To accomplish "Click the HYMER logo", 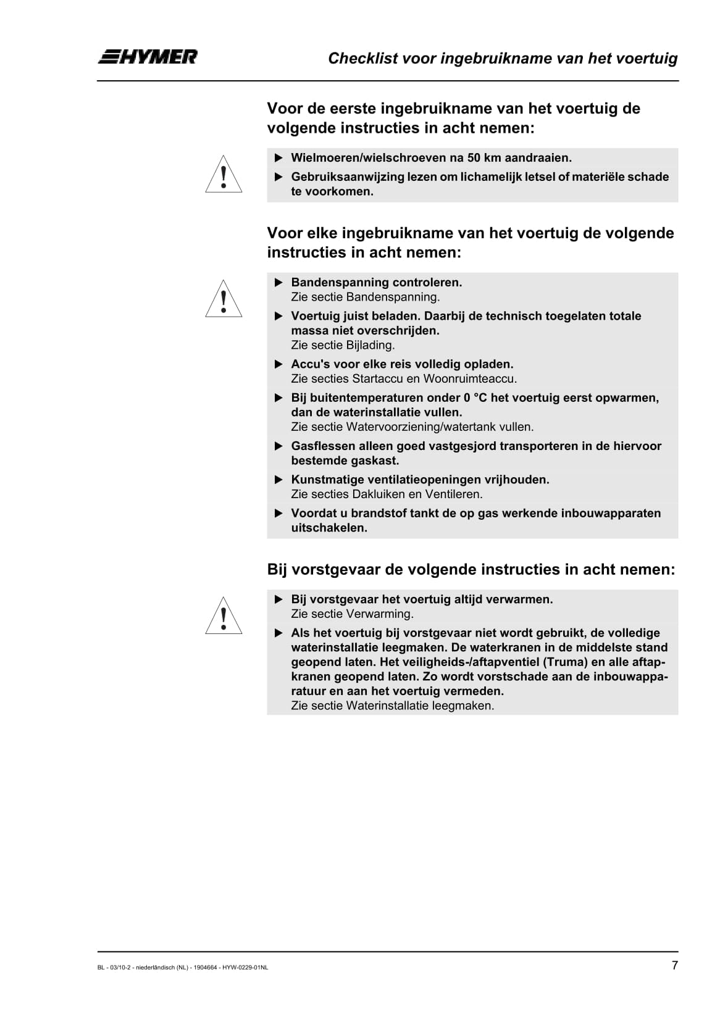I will coord(148,57).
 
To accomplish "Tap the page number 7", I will coord(674,965).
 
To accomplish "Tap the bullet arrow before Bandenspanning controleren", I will coord(278,283).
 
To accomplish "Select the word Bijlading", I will coord(373,345).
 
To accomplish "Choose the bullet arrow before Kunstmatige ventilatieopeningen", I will coord(278,480).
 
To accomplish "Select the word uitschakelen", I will coord(329,528).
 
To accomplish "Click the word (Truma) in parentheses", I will coord(564,662).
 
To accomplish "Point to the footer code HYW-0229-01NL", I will coord(245,968).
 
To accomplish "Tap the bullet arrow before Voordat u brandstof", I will coord(278,514).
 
